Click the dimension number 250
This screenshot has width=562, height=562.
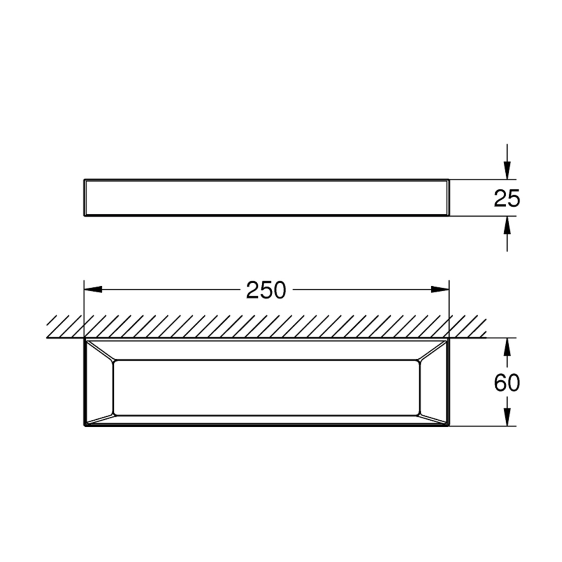pyautogui.click(x=266, y=290)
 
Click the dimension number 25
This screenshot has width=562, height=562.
pyautogui.click(x=507, y=198)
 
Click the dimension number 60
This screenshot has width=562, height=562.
pyautogui.click(x=507, y=382)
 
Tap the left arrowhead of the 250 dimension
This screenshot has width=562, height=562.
pyautogui.click(x=93, y=289)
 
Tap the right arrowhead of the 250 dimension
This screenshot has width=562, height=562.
pyautogui.click(x=440, y=289)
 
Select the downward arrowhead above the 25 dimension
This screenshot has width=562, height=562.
pyautogui.click(x=507, y=170)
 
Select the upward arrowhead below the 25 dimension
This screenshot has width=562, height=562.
pyautogui.click(x=507, y=225)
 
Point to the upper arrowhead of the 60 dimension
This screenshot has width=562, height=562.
pyautogui.click(x=507, y=347)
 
